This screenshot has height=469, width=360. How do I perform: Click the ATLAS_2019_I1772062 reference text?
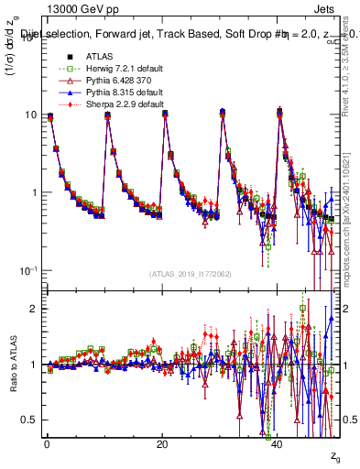(x=191, y=273)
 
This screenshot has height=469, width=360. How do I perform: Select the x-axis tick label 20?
(x=162, y=443)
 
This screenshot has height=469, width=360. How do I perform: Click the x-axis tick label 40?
(x=278, y=443)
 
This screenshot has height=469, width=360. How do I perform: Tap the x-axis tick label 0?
(x=46, y=443)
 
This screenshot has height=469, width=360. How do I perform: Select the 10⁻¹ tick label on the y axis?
(x=28, y=271)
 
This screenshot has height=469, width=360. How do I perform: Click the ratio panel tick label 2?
(x=34, y=309)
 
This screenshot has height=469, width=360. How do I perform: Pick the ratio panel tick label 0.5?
(x=29, y=420)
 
